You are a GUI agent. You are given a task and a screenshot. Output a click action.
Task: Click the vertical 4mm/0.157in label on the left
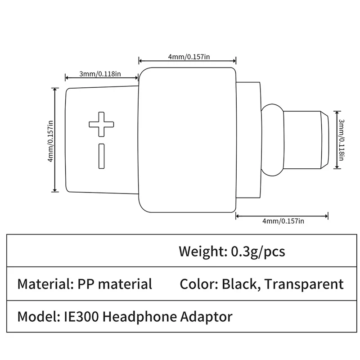(x=51, y=140)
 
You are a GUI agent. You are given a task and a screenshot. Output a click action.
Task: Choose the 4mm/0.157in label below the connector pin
(x=283, y=220)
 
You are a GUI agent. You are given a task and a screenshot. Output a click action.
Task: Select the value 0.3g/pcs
(x=258, y=251)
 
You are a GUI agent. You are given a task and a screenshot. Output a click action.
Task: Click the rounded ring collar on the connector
(x=272, y=139)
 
